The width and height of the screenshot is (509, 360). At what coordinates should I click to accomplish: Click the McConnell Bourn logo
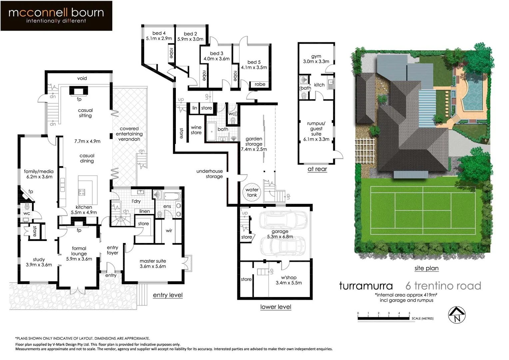[56, 16]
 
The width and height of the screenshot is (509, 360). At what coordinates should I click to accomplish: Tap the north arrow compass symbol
[457, 315]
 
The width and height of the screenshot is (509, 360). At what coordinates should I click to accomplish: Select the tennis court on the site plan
[423, 210]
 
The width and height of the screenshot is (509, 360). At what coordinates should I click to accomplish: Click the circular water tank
[252, 192]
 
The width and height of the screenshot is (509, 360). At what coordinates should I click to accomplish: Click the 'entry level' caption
[168, 295]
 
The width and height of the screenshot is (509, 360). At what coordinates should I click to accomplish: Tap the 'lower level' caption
[275, 307]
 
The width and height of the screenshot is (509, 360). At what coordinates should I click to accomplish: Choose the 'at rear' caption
[317, 169]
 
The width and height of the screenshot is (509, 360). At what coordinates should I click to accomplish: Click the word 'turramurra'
[366, 286]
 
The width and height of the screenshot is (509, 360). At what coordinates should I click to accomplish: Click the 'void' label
[82, 78]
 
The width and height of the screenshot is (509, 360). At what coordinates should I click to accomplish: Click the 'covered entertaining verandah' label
[129, 134]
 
